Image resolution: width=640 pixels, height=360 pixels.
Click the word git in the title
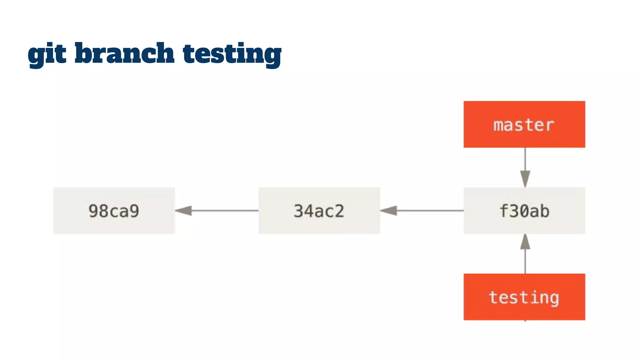click(47, 54)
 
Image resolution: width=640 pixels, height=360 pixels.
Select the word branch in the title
click(124, 53)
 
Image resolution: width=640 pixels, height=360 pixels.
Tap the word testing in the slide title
click(232, 54)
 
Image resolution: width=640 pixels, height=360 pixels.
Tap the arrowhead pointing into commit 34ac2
click(389, 211)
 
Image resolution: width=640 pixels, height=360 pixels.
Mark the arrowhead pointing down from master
click(525, 179)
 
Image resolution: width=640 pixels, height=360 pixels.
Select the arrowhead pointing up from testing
click(525, 242)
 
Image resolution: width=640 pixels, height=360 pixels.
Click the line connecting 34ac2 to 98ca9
click(225, 211)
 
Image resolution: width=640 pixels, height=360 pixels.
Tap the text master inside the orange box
click(524, 125)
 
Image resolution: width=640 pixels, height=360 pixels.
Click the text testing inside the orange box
click(524, 297)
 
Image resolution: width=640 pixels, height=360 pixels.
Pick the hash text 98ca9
click(114, 211)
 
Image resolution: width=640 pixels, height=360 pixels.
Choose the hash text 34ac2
click(319, 211)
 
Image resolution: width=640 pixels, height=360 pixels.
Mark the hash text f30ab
click(524, 211)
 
